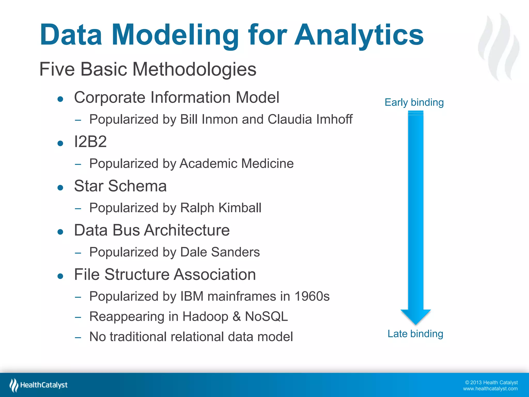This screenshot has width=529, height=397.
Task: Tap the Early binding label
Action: click(x=414, y=102)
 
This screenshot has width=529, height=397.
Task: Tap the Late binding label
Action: click(x=415, y=334)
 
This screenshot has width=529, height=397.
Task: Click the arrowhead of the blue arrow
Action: click(x=416, y=316)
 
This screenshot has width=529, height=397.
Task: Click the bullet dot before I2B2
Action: click(x=60, y=143)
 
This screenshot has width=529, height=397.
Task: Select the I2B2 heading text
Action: click(x=90, y=142)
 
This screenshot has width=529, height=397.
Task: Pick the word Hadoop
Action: click(x=205, y=316)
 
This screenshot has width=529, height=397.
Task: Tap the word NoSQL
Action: click(x=266, y=316)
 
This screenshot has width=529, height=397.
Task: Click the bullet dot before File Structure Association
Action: click(x=60, y=276)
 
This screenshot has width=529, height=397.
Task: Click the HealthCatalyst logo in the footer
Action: click(x=39, y=385)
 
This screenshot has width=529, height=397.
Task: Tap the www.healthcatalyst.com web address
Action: click(x=490, y=389)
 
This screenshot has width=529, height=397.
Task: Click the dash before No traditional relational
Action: click(x=78, y=337)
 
